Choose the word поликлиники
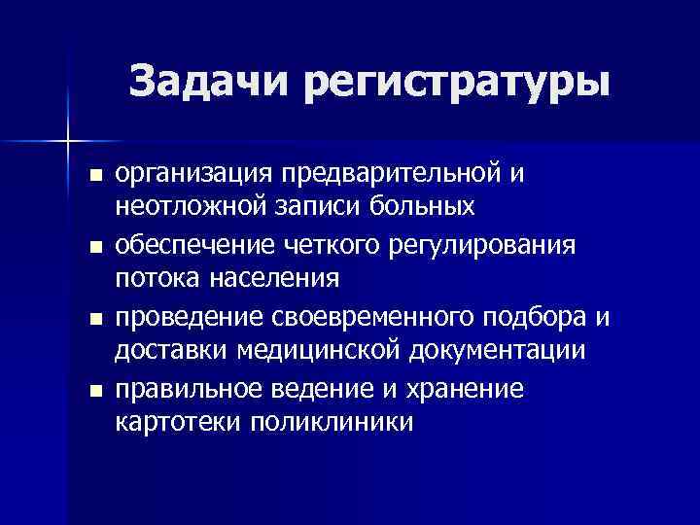pyautogui.click(x=331, y=423)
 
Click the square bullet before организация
pyautogui.click(x=93, y=176)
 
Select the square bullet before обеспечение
pyautogui.click(x=93, y=247)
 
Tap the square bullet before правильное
pyautogui.click(x=93, y=391)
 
